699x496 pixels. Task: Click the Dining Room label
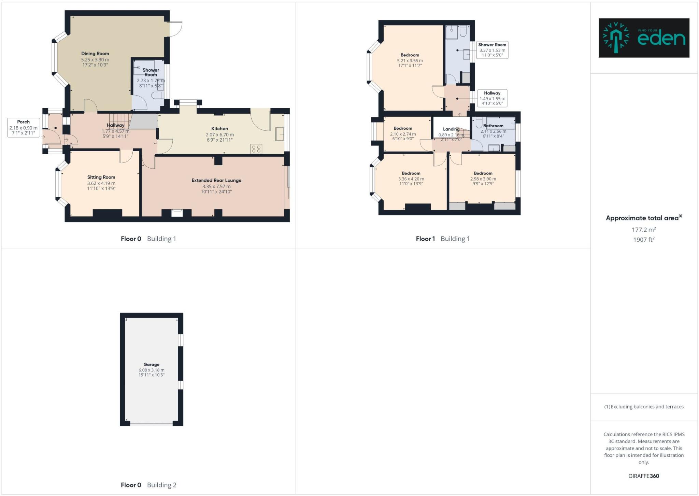(x=95, y=54)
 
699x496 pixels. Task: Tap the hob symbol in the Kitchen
(x=256, y=149)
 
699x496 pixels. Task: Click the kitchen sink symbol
(x=280, y=134)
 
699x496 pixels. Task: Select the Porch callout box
(x=23, y=127)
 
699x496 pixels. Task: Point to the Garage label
(x=151, y=365)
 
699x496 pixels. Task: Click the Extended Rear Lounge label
(x=216, y=180)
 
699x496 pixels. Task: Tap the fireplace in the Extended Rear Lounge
(x=177, y=213)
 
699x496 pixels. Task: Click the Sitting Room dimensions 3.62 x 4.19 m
(x=101, y=183)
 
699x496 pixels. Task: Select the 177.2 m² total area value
(x=643, y=230)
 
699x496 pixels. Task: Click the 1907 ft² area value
(x=643, y=240)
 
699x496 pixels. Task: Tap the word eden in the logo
(x=661, y=39)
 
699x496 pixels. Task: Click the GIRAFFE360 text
(x=643, y=476)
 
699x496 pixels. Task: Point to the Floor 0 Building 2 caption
(x=148, y=485)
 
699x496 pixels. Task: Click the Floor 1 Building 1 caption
(x=442, y=239)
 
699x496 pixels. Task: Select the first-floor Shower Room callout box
(x=492, y=50)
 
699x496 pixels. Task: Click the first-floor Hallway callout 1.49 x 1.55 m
(x=492, y=98)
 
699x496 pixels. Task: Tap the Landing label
(x=451, y=129)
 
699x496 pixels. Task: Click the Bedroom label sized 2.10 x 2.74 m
(x=403, y=128)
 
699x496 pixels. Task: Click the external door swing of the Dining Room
(x=176, y=29)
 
